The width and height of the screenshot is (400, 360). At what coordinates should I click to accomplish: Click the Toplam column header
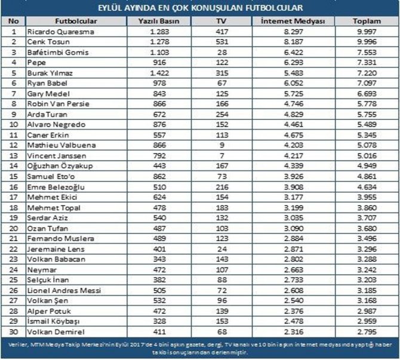[x=367, y=21]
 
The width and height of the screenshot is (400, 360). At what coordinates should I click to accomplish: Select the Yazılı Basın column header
[x=159, y=21]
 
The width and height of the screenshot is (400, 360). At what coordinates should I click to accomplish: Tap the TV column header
[x=221, y=21]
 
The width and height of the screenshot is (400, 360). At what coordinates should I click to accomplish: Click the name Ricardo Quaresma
[x=61, y=32]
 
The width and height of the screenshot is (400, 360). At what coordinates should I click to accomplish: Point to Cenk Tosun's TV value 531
[x=222, y=42]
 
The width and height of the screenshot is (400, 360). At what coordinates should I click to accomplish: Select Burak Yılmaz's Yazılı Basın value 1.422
[x=159, y=73]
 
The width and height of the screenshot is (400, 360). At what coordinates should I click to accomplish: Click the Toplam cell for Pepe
[x=367, y=63]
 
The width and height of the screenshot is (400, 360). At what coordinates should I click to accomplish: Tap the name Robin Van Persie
[x=59, y=104]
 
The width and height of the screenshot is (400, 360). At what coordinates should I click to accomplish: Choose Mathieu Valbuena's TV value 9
[x=222, y=145]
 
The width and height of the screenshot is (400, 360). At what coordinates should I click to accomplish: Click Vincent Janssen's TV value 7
[x=222, y=156]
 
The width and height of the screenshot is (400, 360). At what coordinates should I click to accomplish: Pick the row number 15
[x=14, y=177]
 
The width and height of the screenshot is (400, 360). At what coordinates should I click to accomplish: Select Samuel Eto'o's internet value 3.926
[x=294, y=177]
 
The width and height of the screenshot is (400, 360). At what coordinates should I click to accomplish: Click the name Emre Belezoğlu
[x=56, y=187]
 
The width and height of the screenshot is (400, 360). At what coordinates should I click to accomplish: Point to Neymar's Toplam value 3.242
[x=367, y=270]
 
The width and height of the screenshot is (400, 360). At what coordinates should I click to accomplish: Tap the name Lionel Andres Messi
[x=64, y=291]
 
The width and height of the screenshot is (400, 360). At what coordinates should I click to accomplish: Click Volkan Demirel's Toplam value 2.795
[x=367, y=332]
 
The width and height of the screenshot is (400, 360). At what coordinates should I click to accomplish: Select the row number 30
[x=14, y=332]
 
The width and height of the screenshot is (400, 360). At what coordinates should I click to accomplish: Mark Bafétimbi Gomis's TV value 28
[x=222, y=53]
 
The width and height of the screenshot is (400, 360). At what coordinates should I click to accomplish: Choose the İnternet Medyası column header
[x=293, y=21]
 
